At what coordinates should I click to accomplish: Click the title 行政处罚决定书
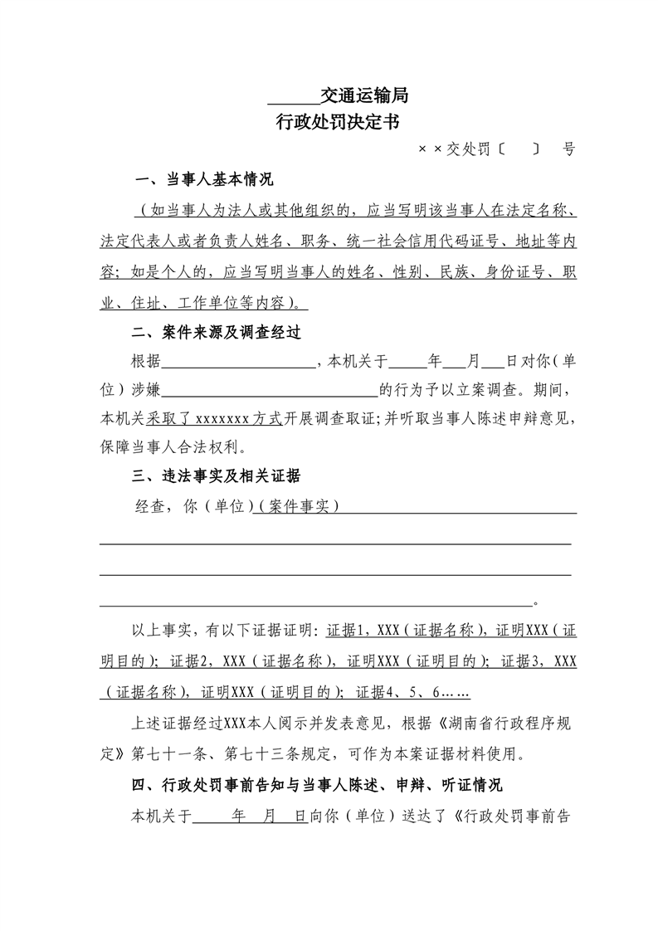[x=338, y=123]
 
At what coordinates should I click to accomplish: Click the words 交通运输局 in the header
[x=363, y=96]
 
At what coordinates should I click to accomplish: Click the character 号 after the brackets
[x=568, y=149]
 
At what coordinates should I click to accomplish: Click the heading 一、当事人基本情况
[x=204, y=180]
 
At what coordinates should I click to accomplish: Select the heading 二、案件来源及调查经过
[x=217, y=333]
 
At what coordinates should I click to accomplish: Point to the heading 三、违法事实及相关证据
[x=217, y=476]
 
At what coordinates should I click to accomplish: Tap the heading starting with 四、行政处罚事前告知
[x=324, y=785]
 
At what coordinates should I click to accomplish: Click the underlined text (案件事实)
[x=299, y=505]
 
